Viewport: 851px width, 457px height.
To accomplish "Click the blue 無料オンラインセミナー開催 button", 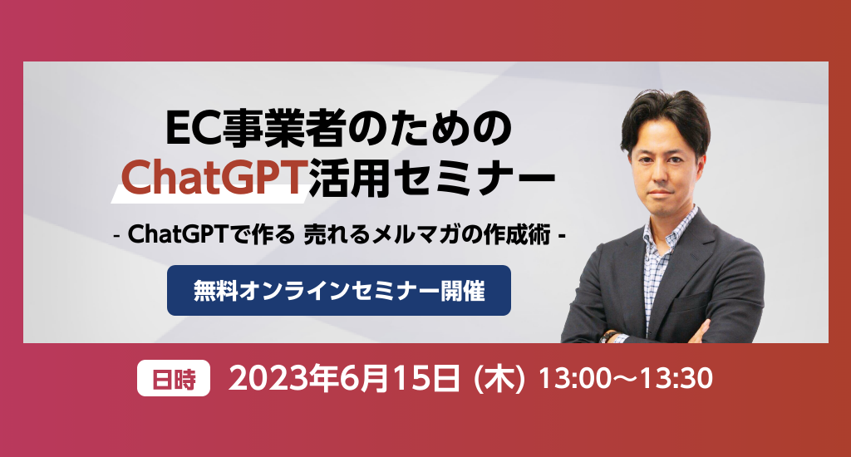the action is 339,290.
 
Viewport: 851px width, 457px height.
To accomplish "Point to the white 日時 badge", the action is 174,378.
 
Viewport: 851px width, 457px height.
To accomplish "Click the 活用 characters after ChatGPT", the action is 347,176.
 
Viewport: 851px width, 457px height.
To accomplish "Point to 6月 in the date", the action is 364,378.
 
